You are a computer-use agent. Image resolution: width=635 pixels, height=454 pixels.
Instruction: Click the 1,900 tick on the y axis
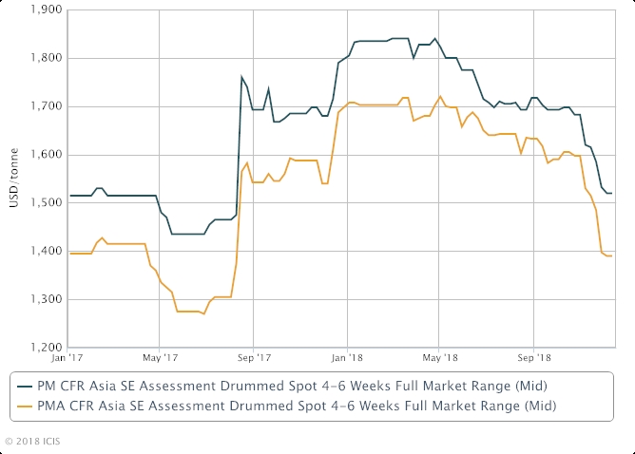click(x=47, y=10)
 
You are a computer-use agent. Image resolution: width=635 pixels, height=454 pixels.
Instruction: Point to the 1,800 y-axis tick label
click(x=47, y=58)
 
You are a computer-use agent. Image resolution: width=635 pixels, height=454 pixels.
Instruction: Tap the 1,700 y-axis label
click(x=47, y=106)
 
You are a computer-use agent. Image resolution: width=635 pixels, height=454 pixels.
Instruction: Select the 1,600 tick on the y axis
click(x=47, y=155)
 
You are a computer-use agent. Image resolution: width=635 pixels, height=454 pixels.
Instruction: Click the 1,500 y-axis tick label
click(x=47, y=203)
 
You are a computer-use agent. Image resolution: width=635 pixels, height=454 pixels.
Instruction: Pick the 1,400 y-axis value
click(x=47, y=252)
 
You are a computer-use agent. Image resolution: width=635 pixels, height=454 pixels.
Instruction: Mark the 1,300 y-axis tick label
click(x=47, y=300)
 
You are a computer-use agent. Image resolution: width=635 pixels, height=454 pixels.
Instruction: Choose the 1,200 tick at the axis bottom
click(x=47, y=348)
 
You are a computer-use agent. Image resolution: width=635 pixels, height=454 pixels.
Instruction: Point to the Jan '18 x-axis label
click(x=347, y=359)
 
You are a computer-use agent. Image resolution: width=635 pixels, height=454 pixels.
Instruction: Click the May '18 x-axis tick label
click(x=438, y=359)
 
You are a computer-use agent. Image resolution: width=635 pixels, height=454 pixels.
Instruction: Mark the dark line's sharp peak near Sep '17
click(x=241, y=77)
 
